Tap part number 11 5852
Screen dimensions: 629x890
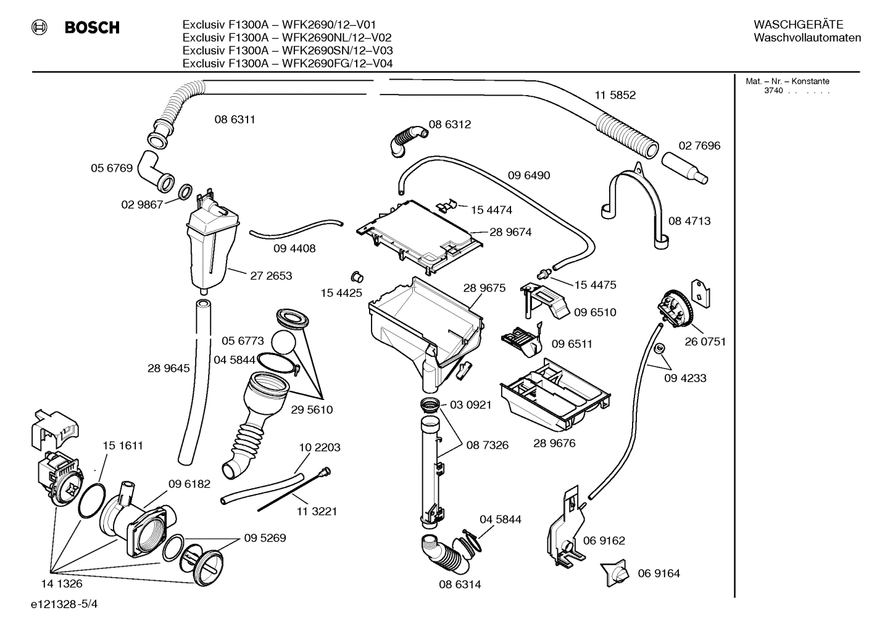click(x=615, y=95)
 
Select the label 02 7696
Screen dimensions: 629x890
click(x=699, y=146)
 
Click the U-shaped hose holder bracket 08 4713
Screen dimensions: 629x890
click(x=636, y=198)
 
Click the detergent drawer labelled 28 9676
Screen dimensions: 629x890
click(x=555, y=395)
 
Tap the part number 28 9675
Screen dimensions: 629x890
click(x=484, y=288)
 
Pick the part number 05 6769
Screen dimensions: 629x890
click(x=112, y=168)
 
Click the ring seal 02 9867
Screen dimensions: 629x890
click(x=185, y=193)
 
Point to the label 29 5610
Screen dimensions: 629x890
click(x=312, y=410)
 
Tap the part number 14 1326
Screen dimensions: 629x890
click(x=62, y=583)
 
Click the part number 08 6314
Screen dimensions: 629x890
click(x=460, y=584)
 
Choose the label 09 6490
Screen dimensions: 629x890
click(x=529, y=175)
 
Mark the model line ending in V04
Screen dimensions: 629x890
click(x=288, y=63)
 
